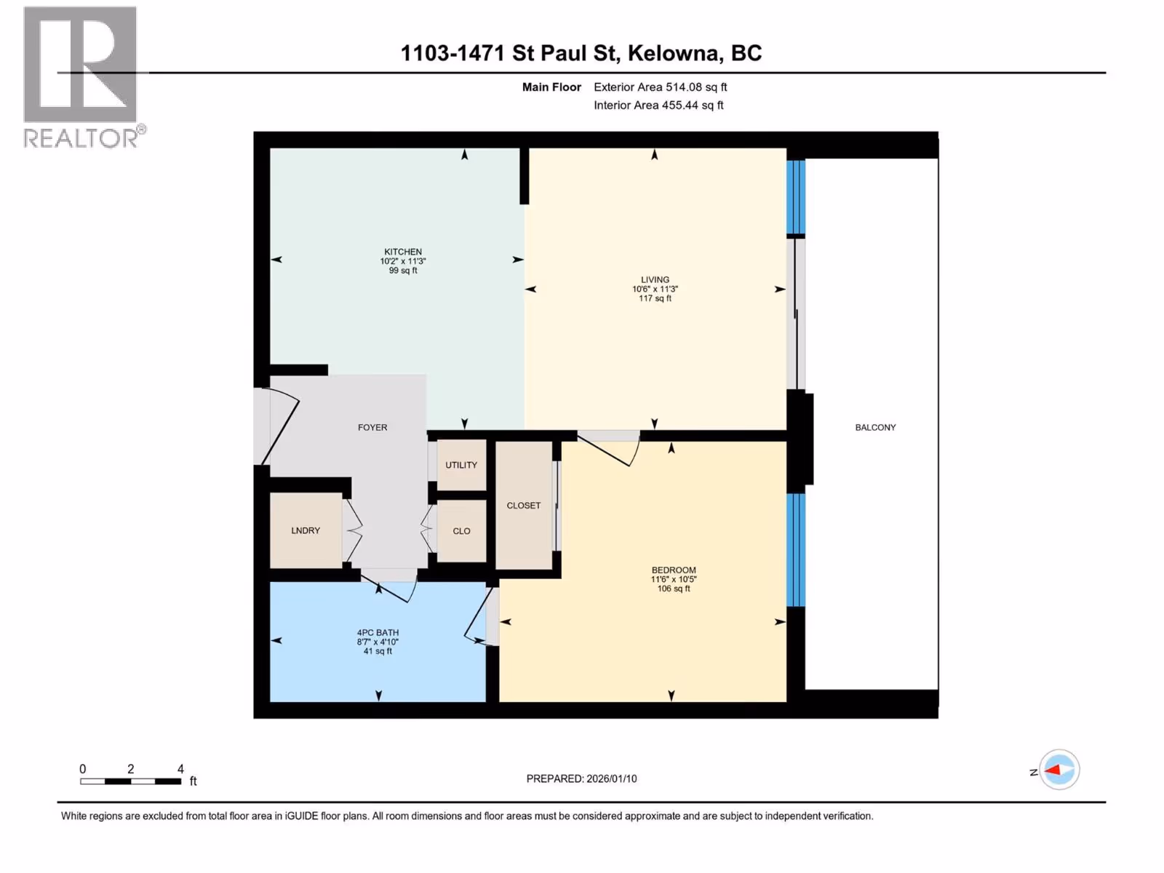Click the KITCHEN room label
pyautogui.click(x=403, y=252)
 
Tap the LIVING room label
pyautogui.click(x=655, y=279)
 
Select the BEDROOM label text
pyautogui.click(x=674, y=570)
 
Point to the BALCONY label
pyautogui.click(x=875, y=427)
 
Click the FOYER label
pyautogui.click(x=372, y=427)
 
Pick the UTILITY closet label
pyautogui.click(x=461, y=465)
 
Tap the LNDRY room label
pyautogui.click(x=306, y=530)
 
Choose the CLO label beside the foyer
pyautogui.click(x=461, y=530)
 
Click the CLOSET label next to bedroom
pyautogui.click(x=523, y=505)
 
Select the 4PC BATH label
pyautogui.click(x=378, y=632)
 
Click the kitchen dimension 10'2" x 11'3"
pyautogui.click(x=403, y=260)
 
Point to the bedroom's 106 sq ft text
pyautogui.click(x=674, y=589)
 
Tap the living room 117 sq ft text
pyautogui.click(x=655, y=298)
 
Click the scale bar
pyautogui.click(x=130, y=781)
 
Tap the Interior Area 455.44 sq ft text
pyautogui.click(x=658, y=105)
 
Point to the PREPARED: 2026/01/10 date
pyautogui.click(x=581, y=778)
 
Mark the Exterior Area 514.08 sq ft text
pyautogui.click(x=661, y=87)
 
